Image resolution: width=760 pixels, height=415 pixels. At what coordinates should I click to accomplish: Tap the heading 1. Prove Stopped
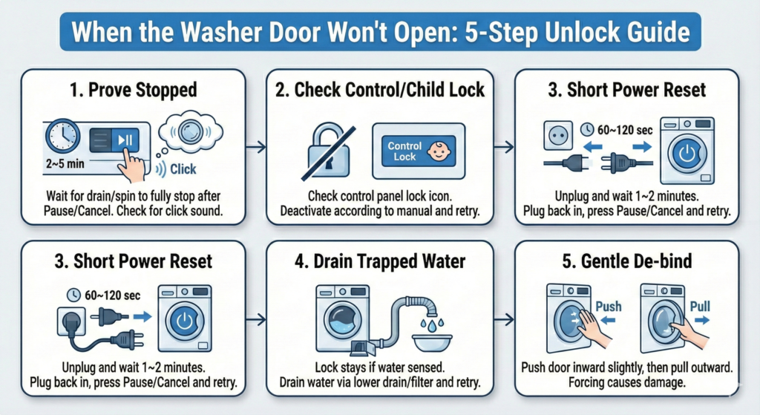[134, 90]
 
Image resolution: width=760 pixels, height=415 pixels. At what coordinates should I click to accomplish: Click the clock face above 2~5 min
[63, 137]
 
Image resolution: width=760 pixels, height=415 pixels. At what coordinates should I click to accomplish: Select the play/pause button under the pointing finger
[125, 140]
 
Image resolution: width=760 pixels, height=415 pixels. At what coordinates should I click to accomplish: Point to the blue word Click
[183, 169]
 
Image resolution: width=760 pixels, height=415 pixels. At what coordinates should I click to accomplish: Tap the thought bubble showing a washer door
[190, 131]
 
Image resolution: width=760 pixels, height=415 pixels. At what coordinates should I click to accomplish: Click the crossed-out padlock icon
[328, 151]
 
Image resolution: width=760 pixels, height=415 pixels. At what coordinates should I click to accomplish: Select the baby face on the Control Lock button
[439, 151]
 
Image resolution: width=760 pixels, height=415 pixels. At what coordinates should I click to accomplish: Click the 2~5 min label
[65, 164]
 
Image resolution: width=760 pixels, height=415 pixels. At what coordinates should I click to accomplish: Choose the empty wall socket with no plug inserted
[558, 135]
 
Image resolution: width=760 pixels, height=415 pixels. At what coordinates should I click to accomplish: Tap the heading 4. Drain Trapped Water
[379, 262]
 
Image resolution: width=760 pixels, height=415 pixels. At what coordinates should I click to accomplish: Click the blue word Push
[609, 307]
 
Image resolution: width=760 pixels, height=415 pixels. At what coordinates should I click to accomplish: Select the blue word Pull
[700, 307]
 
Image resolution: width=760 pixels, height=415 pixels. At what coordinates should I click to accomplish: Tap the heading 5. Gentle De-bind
[626, 262]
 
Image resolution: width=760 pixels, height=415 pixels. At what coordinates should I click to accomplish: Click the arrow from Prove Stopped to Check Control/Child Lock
[255, 146]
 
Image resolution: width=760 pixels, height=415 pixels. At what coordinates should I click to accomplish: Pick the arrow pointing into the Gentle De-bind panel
[504, 319]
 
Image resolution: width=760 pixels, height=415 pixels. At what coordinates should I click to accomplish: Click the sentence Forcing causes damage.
[626, 382]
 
